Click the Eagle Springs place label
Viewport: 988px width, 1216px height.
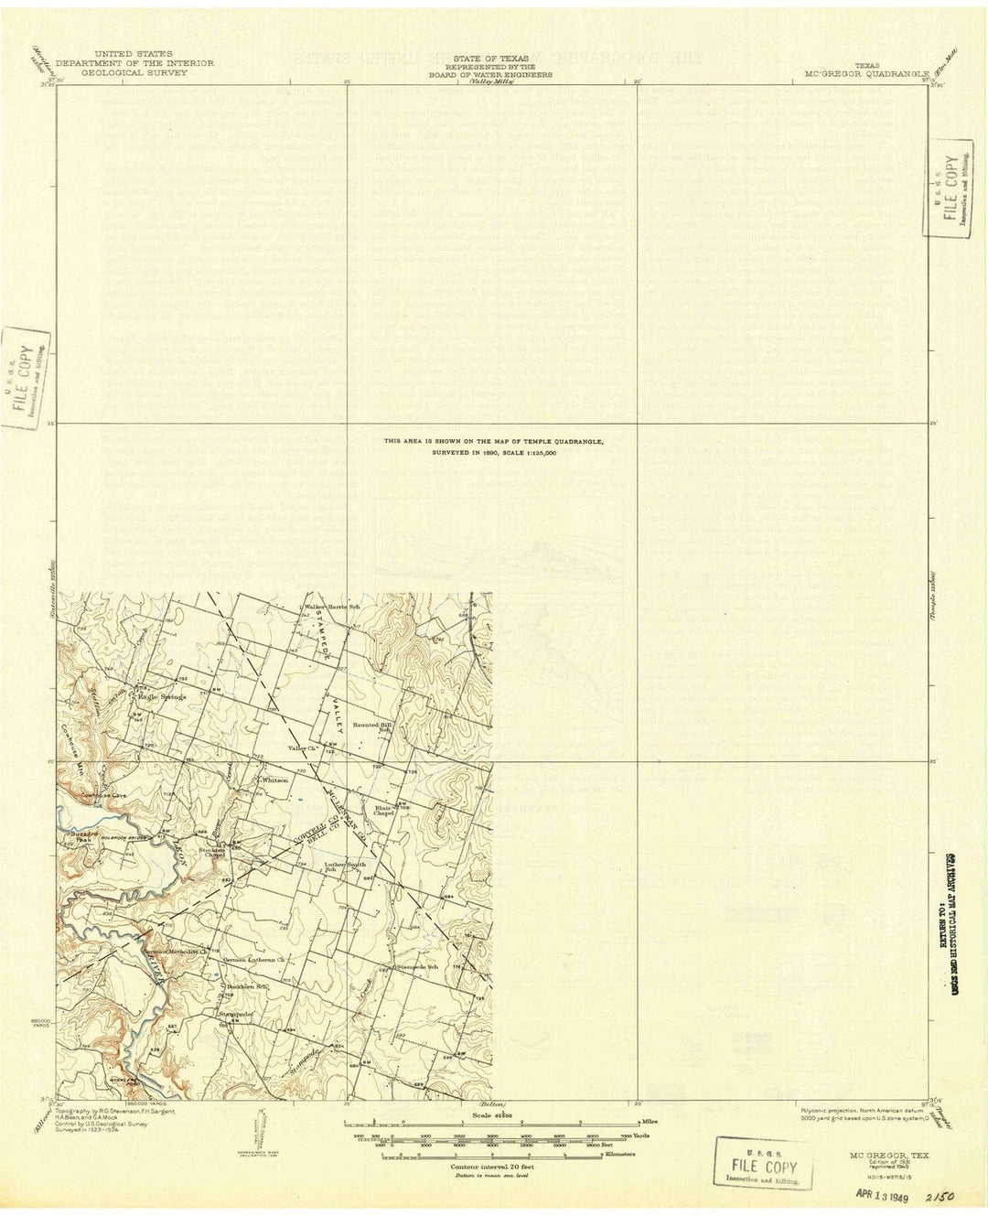pos(162,697)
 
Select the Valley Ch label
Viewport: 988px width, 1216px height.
pos(301,748)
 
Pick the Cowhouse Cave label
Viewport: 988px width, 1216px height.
pos(101,795)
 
